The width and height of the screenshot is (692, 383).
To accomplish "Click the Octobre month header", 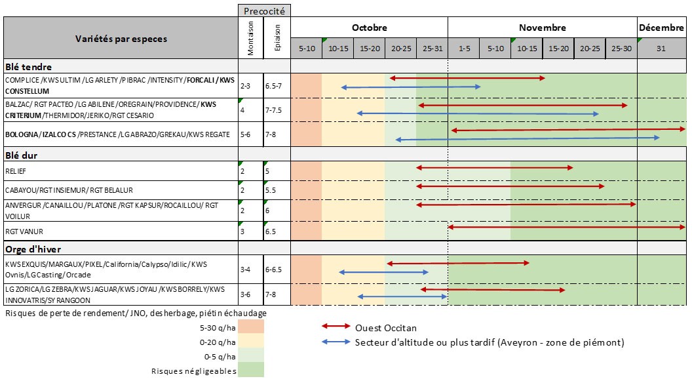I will (369, 28).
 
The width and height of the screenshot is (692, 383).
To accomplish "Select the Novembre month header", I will (542, 28).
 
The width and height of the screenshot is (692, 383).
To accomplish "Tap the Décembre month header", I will (661, 28).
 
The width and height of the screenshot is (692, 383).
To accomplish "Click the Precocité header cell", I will (264, 10).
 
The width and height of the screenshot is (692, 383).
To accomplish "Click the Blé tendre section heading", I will (28, 66).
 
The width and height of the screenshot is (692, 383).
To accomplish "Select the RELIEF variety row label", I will (16, 171).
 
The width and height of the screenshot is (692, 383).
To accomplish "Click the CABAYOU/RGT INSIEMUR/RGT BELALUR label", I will (69, 190).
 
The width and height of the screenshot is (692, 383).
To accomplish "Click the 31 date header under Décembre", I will (661, 49).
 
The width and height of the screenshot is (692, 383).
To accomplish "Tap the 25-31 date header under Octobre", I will (432, 49).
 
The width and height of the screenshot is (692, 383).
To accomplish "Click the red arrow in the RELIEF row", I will (494, 169).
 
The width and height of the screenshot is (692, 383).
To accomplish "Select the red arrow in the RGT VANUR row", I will (566, 227).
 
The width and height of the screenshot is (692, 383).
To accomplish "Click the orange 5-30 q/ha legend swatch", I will (251, 327).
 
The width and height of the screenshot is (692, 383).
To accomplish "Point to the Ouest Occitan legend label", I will (385, 328).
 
